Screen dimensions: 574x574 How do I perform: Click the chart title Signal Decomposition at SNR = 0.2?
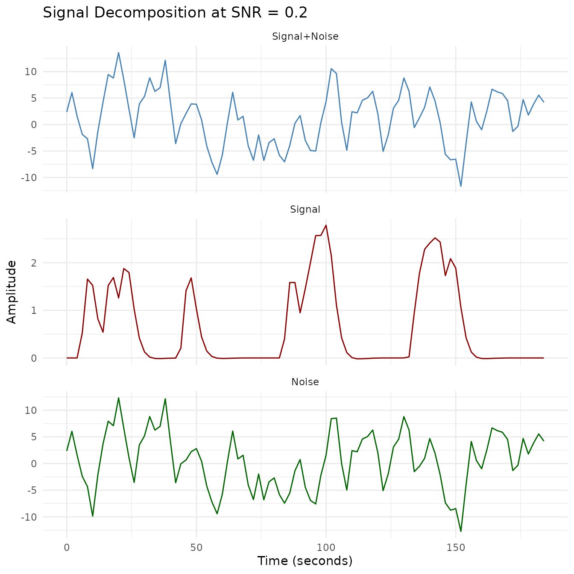[175, 13]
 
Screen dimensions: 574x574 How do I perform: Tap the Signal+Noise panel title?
[305, 37]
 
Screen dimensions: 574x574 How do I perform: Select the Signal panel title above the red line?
[305, 209]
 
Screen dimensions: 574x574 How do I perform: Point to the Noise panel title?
[305, 382]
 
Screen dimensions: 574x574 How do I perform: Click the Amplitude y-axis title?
[12, 292]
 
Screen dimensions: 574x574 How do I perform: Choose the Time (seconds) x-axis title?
[305, 561]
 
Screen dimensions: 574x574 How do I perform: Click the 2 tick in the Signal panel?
[33, 263]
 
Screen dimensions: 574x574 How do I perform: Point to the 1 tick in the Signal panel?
[33, 310]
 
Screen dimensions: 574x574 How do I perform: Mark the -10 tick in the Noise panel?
[29, 517]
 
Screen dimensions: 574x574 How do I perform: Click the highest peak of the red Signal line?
[326, 225]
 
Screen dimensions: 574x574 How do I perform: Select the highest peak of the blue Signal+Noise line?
[118, 53]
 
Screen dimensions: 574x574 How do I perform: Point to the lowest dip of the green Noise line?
[461, 531]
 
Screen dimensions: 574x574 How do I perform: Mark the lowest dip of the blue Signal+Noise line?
[461, 186]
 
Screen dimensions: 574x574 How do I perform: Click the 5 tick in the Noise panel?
[33, 437]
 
